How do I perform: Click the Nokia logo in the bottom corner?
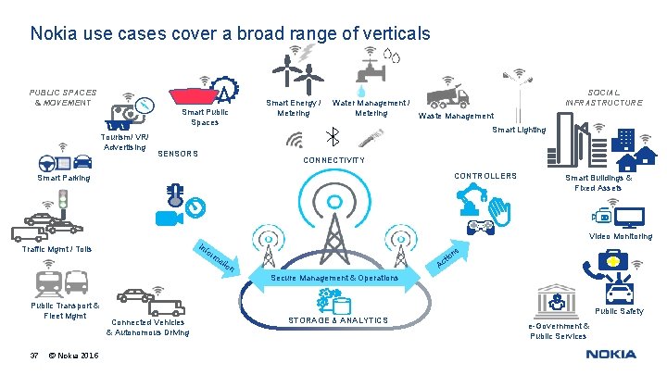point(610,354)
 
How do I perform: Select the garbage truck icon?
point(447,94)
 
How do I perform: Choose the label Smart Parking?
point(63,177)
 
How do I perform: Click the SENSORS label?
point(178,154)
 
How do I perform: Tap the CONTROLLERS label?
point(485,176)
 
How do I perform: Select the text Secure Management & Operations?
point(334,278)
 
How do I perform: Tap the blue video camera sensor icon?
point(167,219)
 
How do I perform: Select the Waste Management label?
point(456,117)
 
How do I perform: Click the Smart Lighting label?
point(519,130)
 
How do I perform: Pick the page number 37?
point(34,356)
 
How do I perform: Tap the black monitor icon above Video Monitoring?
point(631,218)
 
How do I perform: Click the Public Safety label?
point(619,311)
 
